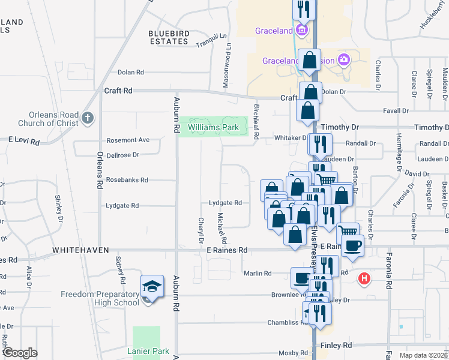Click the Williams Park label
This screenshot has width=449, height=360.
click(213, 128)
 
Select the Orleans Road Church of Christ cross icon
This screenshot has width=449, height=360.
click(88, 117)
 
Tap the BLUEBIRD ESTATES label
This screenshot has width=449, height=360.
click(169, 37)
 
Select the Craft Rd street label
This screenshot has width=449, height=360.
click(118, 91)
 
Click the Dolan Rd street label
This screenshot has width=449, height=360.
click(131, 72)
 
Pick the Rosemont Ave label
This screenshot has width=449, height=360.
click(128, 140)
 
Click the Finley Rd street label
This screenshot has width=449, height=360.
click(336, 346)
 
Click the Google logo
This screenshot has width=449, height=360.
click(20, 353)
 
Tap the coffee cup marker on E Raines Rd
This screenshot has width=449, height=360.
click(353, 245)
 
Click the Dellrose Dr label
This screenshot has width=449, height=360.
click(122, 154)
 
